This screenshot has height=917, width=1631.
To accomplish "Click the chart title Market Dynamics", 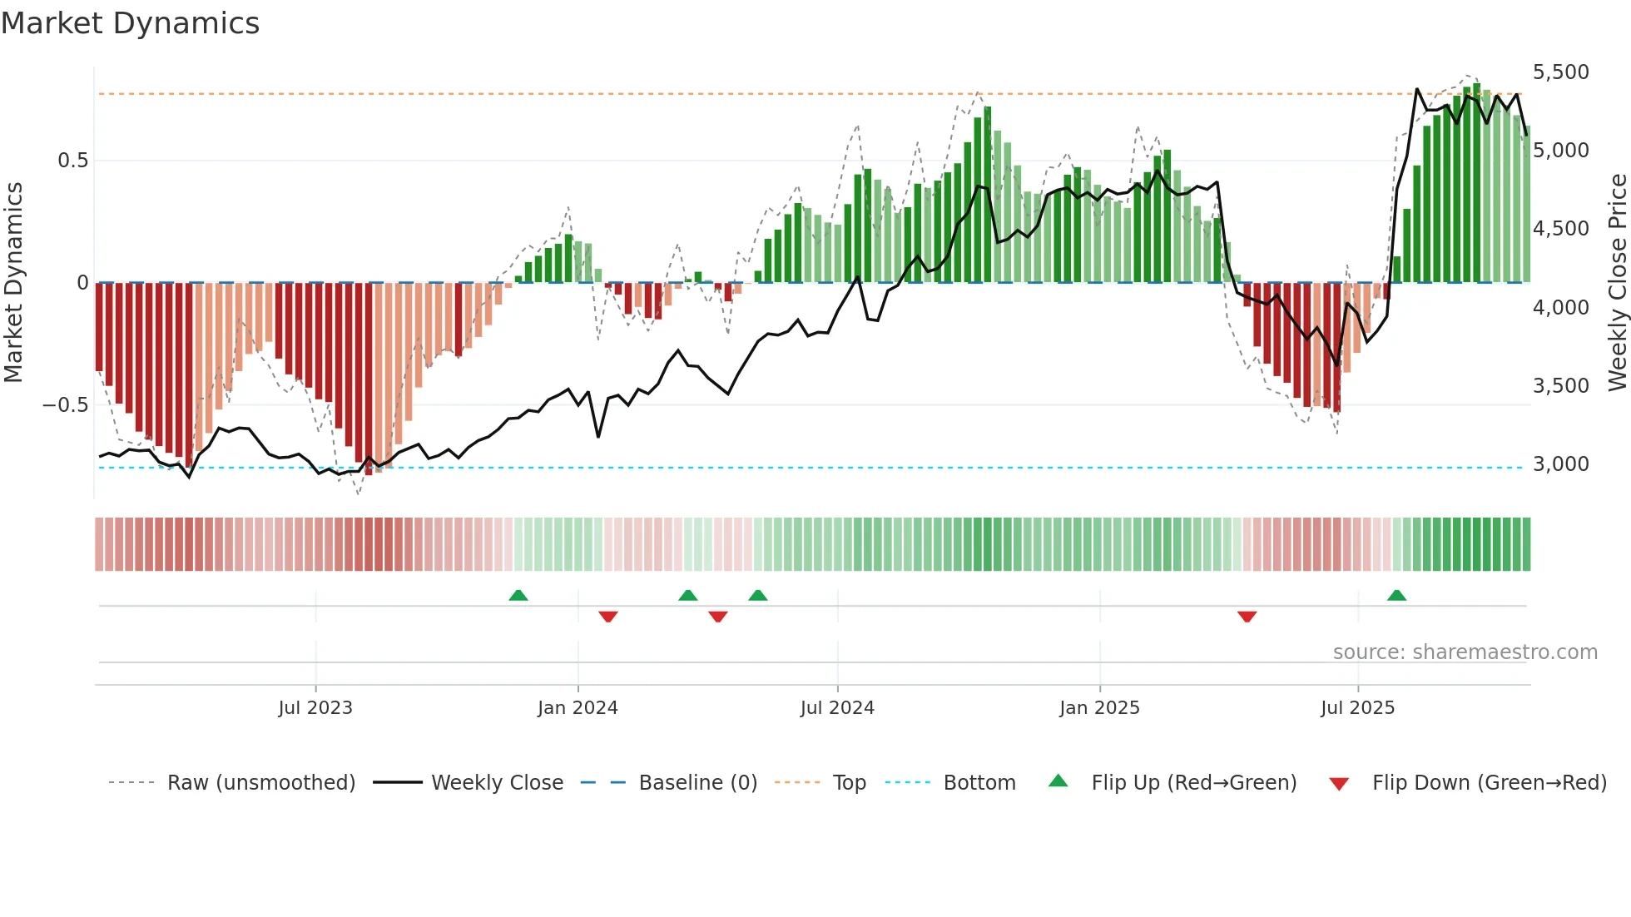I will pyautogui.click(x=130, y=23).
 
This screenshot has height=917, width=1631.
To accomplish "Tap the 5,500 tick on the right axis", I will pyautogui.click(x=1560, y=72).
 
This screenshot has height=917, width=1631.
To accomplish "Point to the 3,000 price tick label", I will pyautogui.click(x=1560, y=464).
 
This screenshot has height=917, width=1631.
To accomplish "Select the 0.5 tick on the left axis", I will pyautogui.click(x=72, y=161).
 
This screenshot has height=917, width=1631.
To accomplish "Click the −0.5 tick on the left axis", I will pyautogui.click(x=66, y=405).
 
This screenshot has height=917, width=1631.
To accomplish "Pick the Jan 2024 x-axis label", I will pyautogui.click(x=578, y=708).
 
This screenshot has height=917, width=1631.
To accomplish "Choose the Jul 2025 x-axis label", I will pyautogui.click(x=1357, y=708).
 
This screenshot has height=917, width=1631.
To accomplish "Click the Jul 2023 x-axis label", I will pyautogui.click(x=315, y=708).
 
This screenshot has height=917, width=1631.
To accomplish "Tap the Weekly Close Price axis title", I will pyautogui.click(x=1617, y=283).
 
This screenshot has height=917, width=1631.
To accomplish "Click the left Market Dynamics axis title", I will pyautogui.click(x=13, y=283).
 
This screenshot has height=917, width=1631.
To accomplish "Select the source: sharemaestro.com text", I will pyautogui.click(x=1465, y=652).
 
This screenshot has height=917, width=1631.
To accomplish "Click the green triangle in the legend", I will pyautogui.click(x=1058, y=781).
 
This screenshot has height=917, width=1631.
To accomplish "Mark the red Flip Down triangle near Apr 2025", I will pyautogui.click(x=1247, y=617).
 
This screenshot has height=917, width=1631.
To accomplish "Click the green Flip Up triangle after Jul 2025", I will pyautogui.click(x=1396, y=595).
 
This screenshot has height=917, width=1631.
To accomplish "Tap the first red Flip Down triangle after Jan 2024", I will pyautogui.click(x=608, y=617).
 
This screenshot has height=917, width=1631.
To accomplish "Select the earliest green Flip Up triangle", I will pyautogui.click(x=518, y=595).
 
